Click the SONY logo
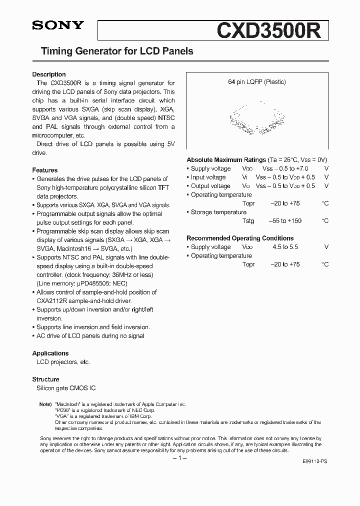(58, 26)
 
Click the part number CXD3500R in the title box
(272, 30)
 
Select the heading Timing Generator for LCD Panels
(116, 51)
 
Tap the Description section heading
(49, 74)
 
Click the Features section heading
(45, 170)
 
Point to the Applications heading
(50, 353)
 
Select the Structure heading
(46, 379)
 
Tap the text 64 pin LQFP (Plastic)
(257, 82)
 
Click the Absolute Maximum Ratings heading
(226, 159)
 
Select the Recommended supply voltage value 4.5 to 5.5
(285, 247)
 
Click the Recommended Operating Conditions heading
(240, 238)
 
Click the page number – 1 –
(179, 458)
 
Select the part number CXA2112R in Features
(54, 301)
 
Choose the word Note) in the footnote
(45, 403)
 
